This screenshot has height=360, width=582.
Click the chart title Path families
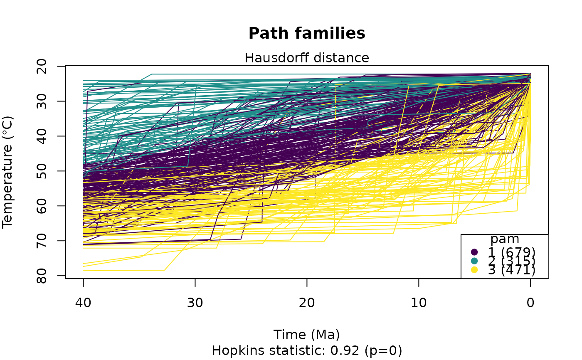[307, 33]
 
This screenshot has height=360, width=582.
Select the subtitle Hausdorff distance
[307, 58]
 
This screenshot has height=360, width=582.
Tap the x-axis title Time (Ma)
[307, 335]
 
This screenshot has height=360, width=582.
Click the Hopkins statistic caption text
[307, 351]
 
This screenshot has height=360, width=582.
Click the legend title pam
[505, 239]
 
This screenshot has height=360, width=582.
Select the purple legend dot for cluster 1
[474, 252]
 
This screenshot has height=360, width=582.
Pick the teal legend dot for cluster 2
[474, 261]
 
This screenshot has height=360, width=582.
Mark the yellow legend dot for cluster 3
[474, 270]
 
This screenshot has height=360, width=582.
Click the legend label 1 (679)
[511, 252]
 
